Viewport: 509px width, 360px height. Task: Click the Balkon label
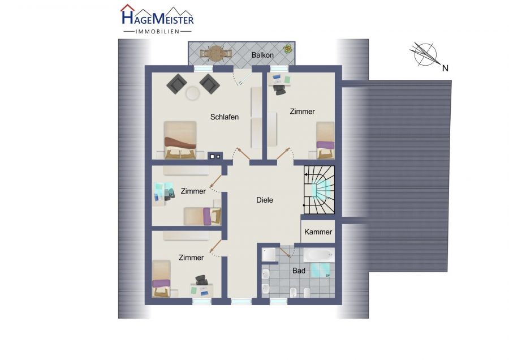coord(262,55)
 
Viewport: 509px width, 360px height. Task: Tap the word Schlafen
coord(225,117)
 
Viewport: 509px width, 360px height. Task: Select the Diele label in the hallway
coord(265,200)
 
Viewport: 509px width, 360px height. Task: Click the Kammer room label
coord(318,232)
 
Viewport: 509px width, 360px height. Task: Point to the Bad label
coord(299,271)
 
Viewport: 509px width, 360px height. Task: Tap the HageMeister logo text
coord(157,17)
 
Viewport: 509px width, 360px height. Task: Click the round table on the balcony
coord(215,53)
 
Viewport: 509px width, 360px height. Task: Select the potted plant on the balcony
coord(288,49)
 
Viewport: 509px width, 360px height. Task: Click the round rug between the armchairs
coord(193,93)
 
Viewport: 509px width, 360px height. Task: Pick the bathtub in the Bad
coord(318,255)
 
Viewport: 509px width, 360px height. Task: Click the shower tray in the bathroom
coord(269,255)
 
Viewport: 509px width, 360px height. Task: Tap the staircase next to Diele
coord(319,190)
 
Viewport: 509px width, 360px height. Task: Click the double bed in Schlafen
coord(180,140)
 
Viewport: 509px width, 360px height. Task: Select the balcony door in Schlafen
coord(242,78)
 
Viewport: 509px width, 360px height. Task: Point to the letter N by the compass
coord(446,68)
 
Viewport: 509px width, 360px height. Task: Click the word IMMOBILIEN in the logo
coord(157,32)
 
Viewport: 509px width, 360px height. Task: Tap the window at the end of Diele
coord(241,302)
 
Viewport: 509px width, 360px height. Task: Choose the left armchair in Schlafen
coord(176,84)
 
